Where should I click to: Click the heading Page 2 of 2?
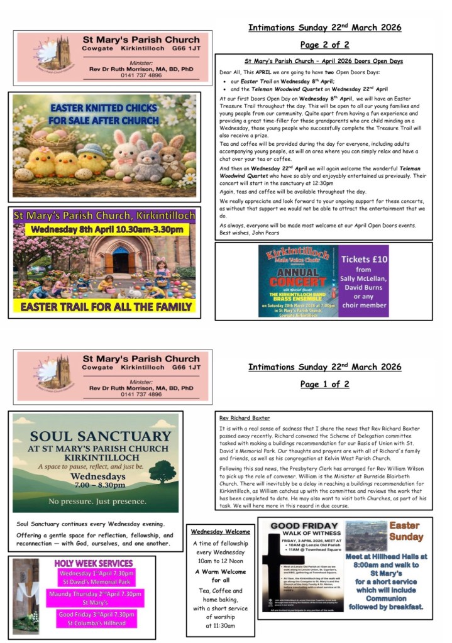coord(324,45)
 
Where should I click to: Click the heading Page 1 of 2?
coord(324,384)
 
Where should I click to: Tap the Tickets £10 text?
coord(364,259)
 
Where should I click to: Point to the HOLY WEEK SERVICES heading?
coord(93,563)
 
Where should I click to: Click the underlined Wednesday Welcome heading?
coord(220,532)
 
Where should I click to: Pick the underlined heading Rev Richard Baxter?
coord(245,417)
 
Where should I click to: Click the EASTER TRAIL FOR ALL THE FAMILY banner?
coord(105,307)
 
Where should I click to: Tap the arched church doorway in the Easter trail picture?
coord(120,259)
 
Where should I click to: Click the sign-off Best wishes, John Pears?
coord(249,233)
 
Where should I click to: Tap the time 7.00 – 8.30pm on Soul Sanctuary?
coord(95,486)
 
